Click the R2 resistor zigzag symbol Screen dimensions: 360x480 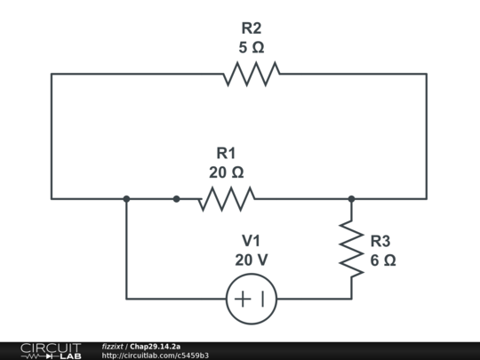pos(252,74)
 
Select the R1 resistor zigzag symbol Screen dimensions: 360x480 pos(226,199)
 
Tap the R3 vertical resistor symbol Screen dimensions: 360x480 pos(352,250)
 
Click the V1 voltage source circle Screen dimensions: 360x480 pos(252,299)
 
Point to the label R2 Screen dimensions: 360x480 pos(252,28)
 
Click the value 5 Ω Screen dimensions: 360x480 pos(252,47)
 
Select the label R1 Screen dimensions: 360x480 pos(226,153)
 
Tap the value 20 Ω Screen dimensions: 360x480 pos(226,172)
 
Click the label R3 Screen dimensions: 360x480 pos(380,241)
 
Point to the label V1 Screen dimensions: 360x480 pos(252,241)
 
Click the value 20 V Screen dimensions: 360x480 pos(252,260)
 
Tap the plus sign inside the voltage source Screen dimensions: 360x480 pos(242,299)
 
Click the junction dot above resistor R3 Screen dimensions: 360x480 pos(352,199)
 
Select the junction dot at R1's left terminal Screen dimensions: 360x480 pos(176,199)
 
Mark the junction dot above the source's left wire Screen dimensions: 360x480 pos(126,199)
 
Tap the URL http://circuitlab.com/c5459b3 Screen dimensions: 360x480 pos(156,356)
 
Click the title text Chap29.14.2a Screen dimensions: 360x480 pos(156,346)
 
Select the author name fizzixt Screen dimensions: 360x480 pos(113,346)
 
